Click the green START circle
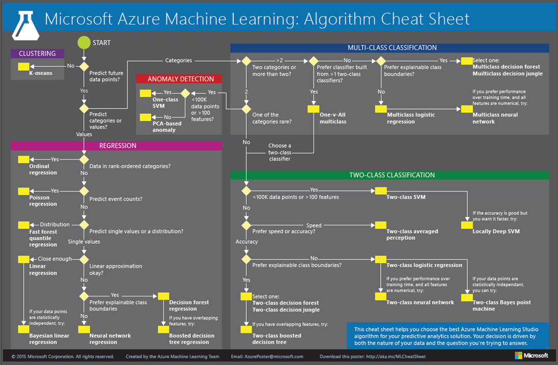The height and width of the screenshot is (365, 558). [84, 43]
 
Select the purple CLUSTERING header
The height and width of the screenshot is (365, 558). [37, 53]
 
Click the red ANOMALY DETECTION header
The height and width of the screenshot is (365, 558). [178, 79]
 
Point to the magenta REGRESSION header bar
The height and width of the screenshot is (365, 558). [117, 146]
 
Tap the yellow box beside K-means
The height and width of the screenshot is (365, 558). [23, 67]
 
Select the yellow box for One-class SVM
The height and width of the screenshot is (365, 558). [145, 93]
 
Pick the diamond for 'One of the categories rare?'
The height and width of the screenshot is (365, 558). [246, 108]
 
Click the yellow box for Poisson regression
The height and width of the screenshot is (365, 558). [23, 191]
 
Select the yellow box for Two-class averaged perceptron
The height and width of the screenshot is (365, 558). [380, 224]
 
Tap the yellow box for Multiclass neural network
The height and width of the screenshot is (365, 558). [466, 108]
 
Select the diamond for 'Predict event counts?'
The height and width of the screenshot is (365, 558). [84, 191]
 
